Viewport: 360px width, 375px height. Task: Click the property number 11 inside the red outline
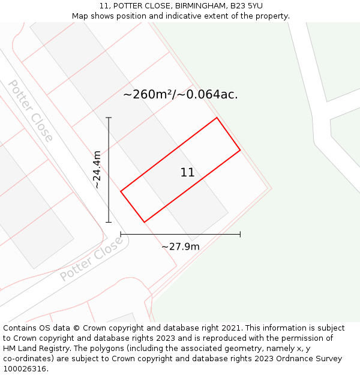coord(187,173)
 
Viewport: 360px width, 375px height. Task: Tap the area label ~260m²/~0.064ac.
coord(180,94)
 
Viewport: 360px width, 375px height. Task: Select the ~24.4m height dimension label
coord(97,170)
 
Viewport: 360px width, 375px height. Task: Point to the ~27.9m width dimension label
coord(180,246)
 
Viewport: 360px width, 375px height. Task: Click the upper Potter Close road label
coord(31,111)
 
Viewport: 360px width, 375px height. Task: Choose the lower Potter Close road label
coord(91,259)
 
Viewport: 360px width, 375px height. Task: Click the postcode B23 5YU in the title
coord(246,5)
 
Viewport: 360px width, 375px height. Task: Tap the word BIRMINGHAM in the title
coord(200,5)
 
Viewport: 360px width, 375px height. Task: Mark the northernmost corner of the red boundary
coord(217,118)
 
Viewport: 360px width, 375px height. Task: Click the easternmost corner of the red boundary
coord(240,150)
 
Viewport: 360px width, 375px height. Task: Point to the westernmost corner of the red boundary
coord(121,191)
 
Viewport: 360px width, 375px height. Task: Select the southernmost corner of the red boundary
coord(144,222)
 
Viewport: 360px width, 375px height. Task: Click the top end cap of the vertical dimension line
coord(109,118)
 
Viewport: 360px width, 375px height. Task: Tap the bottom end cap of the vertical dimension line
coord(109,222)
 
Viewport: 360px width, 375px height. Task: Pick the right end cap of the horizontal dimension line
coord(240,234)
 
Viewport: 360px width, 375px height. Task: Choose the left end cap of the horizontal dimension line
coord(121,234)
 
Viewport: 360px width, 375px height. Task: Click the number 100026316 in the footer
coord(25,369)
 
